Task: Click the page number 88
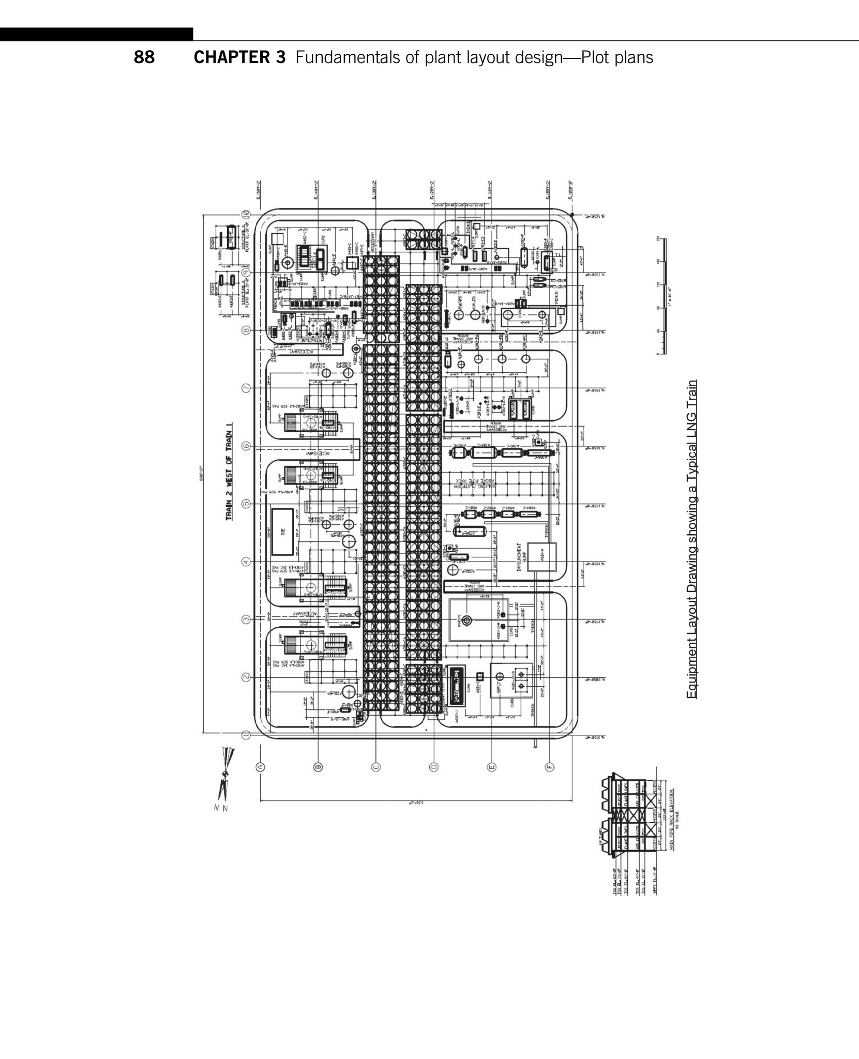click(x=144, y=57)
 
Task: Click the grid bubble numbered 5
click(x=247, y=504)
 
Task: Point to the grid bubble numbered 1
click(x=247, y=735)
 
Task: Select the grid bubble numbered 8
click(x=247, y=330)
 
